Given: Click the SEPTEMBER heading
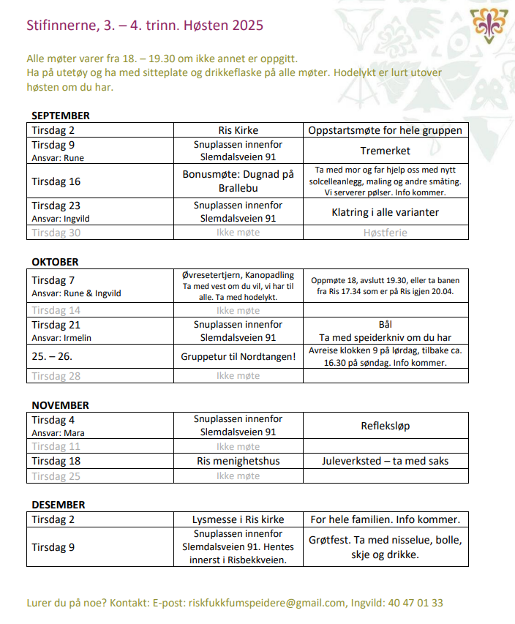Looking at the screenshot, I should [x=61, y=116].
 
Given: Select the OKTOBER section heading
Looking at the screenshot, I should [x=55, y=261].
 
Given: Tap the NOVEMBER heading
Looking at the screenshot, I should [x=60, y=405].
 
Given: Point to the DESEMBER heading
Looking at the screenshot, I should [x=59, y=505].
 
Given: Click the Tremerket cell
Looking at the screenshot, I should [x=386, y=151].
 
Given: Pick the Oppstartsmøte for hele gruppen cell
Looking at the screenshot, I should [x=386, y=130].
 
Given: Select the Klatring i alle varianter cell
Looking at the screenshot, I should [x=386, y=212].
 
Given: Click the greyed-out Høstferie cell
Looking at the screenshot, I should [x=386, y=233].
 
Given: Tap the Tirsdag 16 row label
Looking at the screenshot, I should [x=56, y=181].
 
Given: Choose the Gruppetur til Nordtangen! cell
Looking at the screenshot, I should [x=238, y=357].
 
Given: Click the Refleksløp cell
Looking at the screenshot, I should [x=386, y=426].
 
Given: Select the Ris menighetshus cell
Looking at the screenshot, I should [x=238, y=461].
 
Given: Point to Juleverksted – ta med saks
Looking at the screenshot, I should [x=386, y=461].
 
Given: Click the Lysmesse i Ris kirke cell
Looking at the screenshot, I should [x=238, y=519].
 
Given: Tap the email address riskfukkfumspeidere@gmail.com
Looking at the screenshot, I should [x=266, y=604].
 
